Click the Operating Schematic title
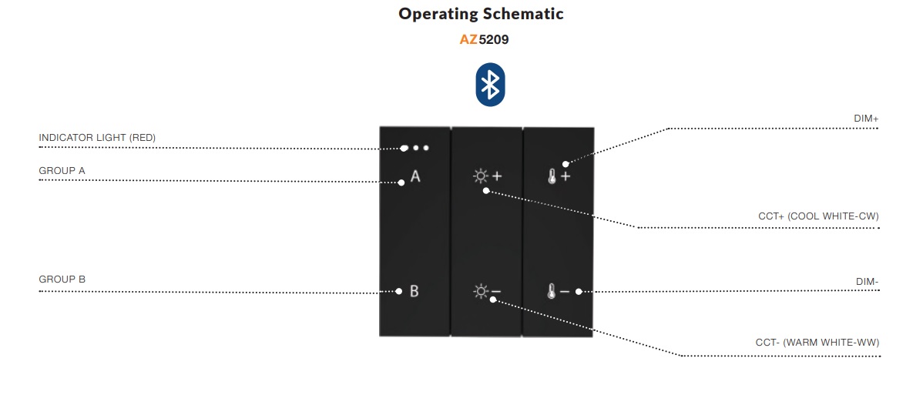click(x=481, y=14)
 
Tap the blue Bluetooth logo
click(x=490, y=85)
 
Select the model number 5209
click(x=493, y=40)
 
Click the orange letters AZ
click(x=468, y=40)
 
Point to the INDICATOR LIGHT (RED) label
click(x=97, y=138)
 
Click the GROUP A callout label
click(x=62, y=171)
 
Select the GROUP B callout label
click(x=62, y=279)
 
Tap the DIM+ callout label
click(x=867, y=119)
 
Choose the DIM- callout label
click(x=868, y=282)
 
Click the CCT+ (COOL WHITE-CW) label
click(x=819, y=216)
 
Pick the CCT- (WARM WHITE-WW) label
click(x=817, y=342)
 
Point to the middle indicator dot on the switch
click(x=415, y=148)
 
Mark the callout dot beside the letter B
click(x=398, y=291)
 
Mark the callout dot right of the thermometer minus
click(x=579, y=291)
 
